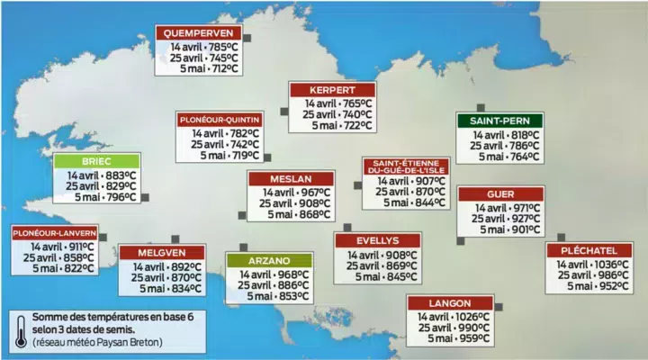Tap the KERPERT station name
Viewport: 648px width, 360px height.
(331, 90)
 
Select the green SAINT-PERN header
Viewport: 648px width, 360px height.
(499, 121)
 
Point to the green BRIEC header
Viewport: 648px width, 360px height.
(95, 162)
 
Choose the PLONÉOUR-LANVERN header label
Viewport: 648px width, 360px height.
(54, 232)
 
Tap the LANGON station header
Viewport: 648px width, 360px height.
(450, 303)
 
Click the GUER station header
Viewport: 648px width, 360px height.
(500, 194)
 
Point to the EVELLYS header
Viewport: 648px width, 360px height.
(377, 240)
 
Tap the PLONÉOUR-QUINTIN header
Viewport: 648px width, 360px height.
(220, 120)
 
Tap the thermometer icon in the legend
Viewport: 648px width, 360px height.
(20, 328)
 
